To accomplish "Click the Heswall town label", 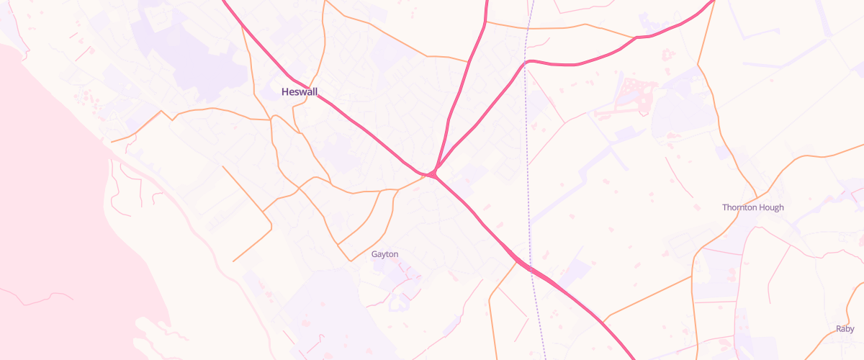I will pyautogui.click(x=299, y=91).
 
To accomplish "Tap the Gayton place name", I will pyautogui.click(x=384, y=254).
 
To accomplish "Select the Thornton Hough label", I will pyautogui.click(x=752, y=207).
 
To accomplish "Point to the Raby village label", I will pyautogui.click(x=845, y=329).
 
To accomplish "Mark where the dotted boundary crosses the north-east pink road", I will pyautogui.click(x=527, y=62).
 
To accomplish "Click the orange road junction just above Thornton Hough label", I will pyautogui.click(x=756, y=196).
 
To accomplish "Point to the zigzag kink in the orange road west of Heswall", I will pyautogui.click(x=166, y=115).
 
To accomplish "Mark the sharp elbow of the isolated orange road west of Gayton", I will pyautogui.click(x=271, y=228).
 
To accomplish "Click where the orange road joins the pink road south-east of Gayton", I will pyautogui.click(x=517, y=263).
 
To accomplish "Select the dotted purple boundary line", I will pyautogui.click(x=528, y=144).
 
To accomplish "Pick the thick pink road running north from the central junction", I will pyautogui.click(x=461, y=86).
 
